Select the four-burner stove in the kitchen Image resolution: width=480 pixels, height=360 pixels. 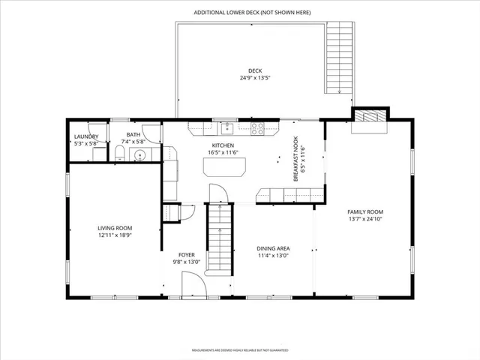tap(256, 127)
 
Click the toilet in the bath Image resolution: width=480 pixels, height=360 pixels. tap(120, 154)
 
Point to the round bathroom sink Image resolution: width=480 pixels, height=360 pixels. tap(137, 155)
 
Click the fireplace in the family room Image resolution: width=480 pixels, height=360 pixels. tap(371, 117)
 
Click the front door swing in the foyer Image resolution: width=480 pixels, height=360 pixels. tap(193, 286)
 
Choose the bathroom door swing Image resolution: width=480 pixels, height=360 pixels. tap(152, 133)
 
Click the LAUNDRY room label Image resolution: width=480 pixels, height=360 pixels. tap(85, 136)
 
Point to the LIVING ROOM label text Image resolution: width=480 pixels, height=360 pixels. tap(115, 228)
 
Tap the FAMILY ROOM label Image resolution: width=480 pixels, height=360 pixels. tap(365, 211)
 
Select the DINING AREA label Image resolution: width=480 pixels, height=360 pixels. tap(273, 248)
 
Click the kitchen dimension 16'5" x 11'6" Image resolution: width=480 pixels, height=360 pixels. tap(223, 153)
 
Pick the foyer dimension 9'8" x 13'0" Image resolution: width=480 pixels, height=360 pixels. tap(187, 262)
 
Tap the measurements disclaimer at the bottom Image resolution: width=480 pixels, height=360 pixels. tap(239, 349)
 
